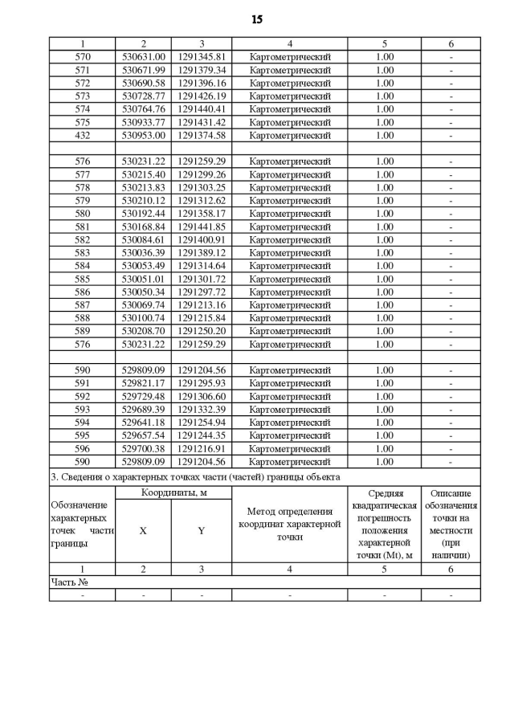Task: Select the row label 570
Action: click(x=83, y=57)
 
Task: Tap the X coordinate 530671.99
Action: click(x=143, y=70)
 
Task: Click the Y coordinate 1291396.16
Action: click(x=202, y=83)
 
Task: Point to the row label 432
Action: click(x=83, y=135)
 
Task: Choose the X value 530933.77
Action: click(x=143, y=122)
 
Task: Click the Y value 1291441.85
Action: click(x=202, y=227)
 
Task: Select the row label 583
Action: click(x=83, y=252)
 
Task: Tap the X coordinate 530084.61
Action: click(x=143, y=239)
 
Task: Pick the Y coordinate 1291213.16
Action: click(x=202, y=304)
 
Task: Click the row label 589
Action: click(x=83, y=331)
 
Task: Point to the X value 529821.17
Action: click(x=143, y=383)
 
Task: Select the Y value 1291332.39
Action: click(x=202, y=409)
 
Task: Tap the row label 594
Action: click(x=83, y=423)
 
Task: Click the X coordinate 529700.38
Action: click(x=143, y=448)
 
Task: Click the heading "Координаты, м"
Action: click(x=173, y=492)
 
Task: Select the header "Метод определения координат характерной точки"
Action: click(x=289, y=525)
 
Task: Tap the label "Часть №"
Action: click(x=69, y=582)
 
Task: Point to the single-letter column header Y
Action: click(x=202, y=531)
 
